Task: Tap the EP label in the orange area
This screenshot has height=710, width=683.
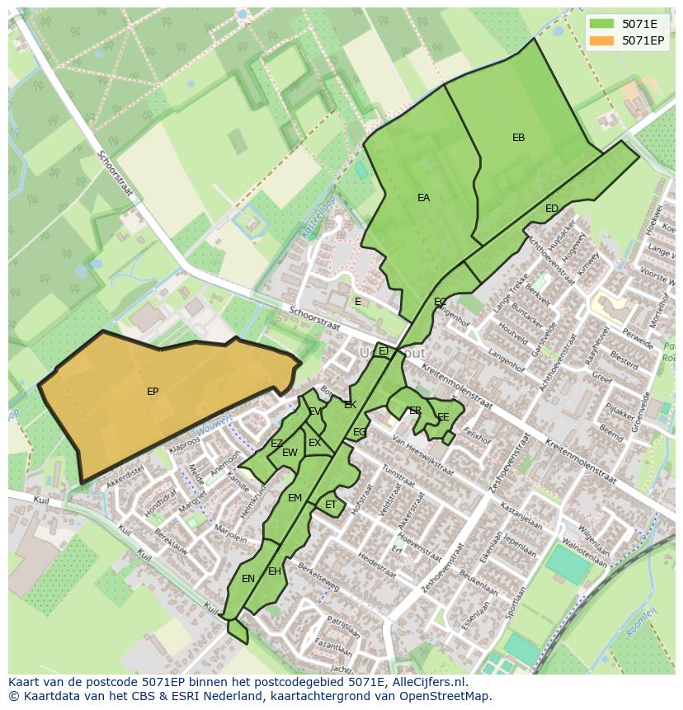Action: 153,392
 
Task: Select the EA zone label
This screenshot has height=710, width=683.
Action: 423,198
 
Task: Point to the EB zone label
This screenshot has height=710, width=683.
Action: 518,138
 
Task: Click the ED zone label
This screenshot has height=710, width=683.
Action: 552,209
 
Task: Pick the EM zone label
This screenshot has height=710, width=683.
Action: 294,498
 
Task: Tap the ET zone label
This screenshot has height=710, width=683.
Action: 331,505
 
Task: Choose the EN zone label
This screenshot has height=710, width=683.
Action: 248,579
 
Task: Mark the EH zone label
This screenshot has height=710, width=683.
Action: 275,571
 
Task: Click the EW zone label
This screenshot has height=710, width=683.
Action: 290,453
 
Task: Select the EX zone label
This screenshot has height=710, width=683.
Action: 314,443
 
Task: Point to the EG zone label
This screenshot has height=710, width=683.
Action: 360,432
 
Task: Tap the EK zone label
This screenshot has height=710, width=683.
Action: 350,405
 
